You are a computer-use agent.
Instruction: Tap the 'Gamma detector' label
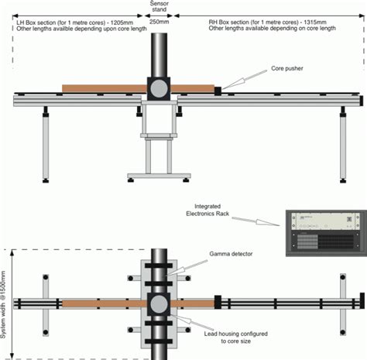pos(225,253)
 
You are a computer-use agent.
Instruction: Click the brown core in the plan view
pos(101,302)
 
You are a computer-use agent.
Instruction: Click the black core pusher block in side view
pos(218,91)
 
